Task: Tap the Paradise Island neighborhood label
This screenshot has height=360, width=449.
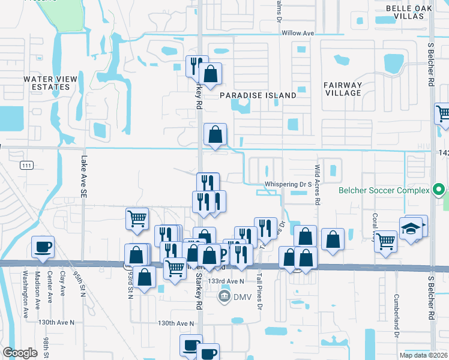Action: tap(258, 95)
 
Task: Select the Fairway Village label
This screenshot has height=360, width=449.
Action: tap(343, 89)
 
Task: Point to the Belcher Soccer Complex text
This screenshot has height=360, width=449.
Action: tap(384, 191)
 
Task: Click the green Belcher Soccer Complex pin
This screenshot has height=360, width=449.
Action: tap(439, 191)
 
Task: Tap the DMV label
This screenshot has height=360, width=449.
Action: tap(241, 296)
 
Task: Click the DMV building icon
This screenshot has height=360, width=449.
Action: tap(224, 296)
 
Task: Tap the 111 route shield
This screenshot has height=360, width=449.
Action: tap(25, 165)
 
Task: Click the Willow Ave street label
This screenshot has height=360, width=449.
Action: tap(298, 33)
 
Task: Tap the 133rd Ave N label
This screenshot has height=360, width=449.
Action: tap(226, 281)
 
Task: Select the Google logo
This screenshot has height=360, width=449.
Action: tap(20, 353)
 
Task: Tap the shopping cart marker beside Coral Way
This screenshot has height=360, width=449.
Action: tap(385, 241)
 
